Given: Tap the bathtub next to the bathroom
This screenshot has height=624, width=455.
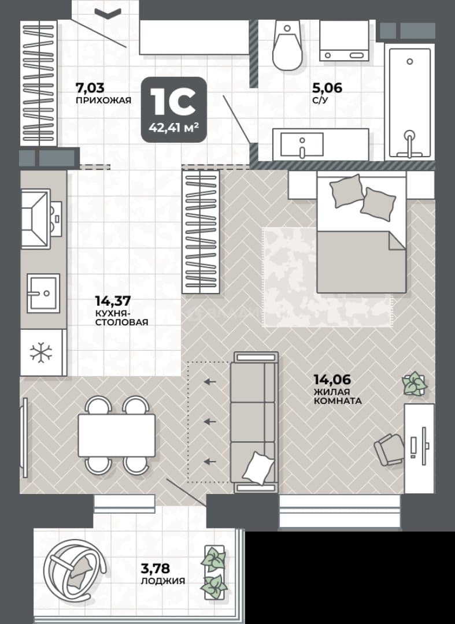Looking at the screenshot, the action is pos(410,103).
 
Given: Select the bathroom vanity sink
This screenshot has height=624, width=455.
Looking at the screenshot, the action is pos(302,144).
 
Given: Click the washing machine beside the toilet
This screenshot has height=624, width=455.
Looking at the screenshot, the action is pos(345,40).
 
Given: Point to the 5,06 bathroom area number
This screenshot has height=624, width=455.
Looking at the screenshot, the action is pos(327,87).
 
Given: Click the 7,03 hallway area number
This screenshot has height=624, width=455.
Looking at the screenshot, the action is pos(90,87).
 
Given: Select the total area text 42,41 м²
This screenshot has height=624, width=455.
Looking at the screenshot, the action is pos(174,128).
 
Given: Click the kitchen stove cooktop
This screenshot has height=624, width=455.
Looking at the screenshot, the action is pos(35,219).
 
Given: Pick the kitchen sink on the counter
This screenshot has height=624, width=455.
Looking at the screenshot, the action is pos(43,294).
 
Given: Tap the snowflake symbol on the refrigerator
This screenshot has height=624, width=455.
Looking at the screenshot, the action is pos(42,352).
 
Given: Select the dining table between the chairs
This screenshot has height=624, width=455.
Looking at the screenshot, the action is pos(116,435).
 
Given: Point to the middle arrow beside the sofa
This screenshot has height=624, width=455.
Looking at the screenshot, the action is pos(210,421).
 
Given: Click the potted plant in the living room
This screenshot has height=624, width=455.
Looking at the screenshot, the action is pos(415,383).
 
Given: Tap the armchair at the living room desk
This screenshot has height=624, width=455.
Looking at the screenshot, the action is pos(389,450).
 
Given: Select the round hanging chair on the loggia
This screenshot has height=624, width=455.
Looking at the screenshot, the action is pos(74,570).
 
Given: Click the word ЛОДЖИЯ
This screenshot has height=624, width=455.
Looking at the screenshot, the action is pos(163,581).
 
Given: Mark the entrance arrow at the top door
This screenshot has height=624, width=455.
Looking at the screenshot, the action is pos(108,13).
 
